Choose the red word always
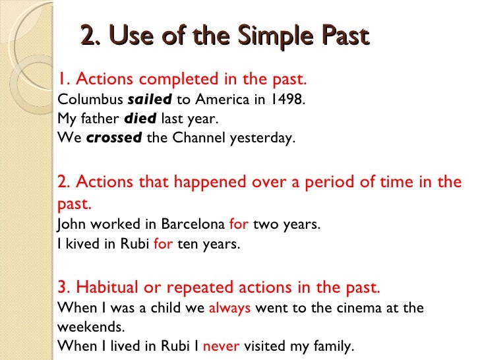229,308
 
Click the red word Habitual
104,288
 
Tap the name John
71,224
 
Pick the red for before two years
239,224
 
